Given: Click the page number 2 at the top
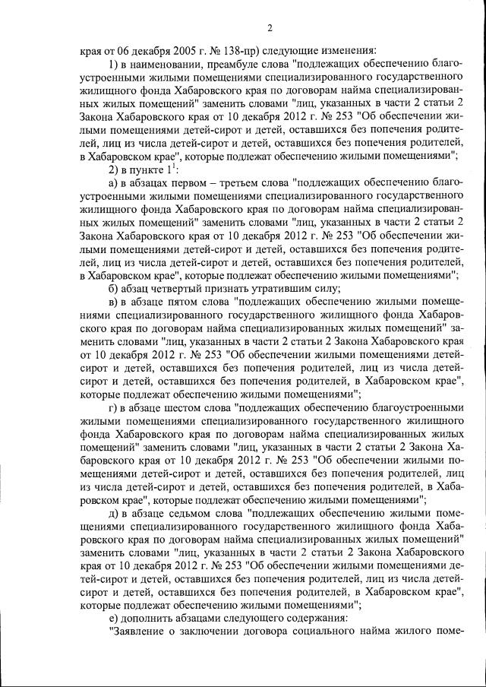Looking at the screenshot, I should [x=269, y=29].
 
